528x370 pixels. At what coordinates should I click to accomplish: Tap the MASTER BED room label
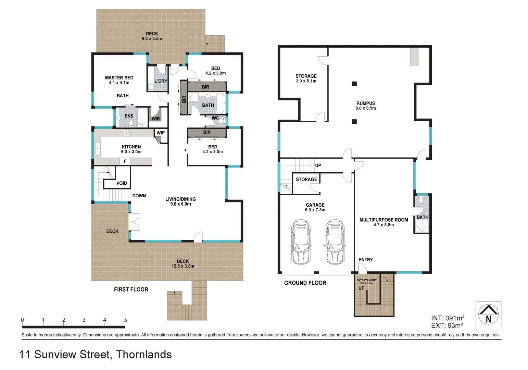point(119,78)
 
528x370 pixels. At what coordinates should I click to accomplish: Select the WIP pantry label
point(161,133)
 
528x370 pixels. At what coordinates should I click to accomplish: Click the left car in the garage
point(301,242)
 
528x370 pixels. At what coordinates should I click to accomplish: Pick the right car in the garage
point(335,242)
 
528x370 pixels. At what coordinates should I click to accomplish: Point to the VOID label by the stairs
point(122,183)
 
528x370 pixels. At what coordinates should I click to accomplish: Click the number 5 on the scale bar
point(125,320)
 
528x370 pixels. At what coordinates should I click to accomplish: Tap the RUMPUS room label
point(365,103)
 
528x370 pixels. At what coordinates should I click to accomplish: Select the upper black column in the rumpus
point(354,84)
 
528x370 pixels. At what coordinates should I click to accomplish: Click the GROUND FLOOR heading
point(305,283)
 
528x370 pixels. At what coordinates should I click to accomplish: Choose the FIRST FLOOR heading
point(131,289)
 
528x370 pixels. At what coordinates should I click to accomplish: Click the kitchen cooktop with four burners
point(127,133)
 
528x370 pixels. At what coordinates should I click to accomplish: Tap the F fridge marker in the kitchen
point(125,161)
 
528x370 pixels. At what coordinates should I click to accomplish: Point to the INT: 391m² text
point(448,318)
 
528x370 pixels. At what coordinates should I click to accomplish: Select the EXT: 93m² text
point(447,326)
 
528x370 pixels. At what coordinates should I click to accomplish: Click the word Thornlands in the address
point(144,354)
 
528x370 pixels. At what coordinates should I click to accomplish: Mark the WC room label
point(215,118)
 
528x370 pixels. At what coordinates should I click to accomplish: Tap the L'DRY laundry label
point(161,81)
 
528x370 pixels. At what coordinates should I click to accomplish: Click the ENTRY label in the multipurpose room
point(366,260)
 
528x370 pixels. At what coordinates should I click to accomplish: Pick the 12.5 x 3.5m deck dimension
point(183,266)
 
